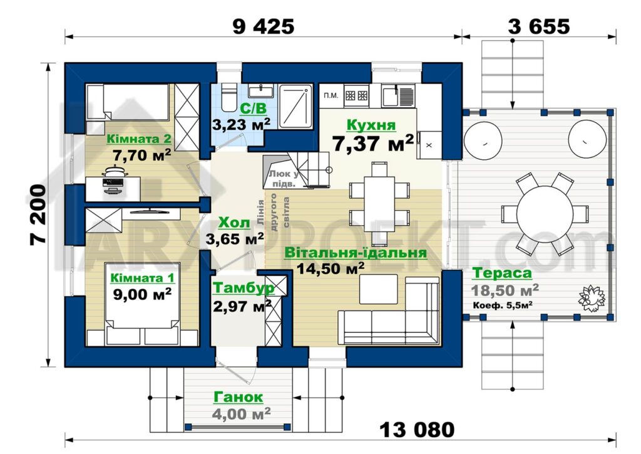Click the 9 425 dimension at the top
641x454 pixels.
point(263,26)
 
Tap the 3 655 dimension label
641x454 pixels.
point(538,26)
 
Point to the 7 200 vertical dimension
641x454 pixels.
point(38,215)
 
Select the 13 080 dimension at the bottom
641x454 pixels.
point(417,430)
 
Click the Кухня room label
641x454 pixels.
point(371,125)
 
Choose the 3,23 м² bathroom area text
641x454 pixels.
point(241,124)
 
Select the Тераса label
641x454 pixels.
point(502,273)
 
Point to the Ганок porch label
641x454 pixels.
point(238,397)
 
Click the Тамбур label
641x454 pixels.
point(244,288)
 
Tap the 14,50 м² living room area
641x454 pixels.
point(331,268)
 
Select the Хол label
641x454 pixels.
point(234,223)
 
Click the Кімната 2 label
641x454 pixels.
point(138,139)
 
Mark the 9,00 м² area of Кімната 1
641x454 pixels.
point(142,294)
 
